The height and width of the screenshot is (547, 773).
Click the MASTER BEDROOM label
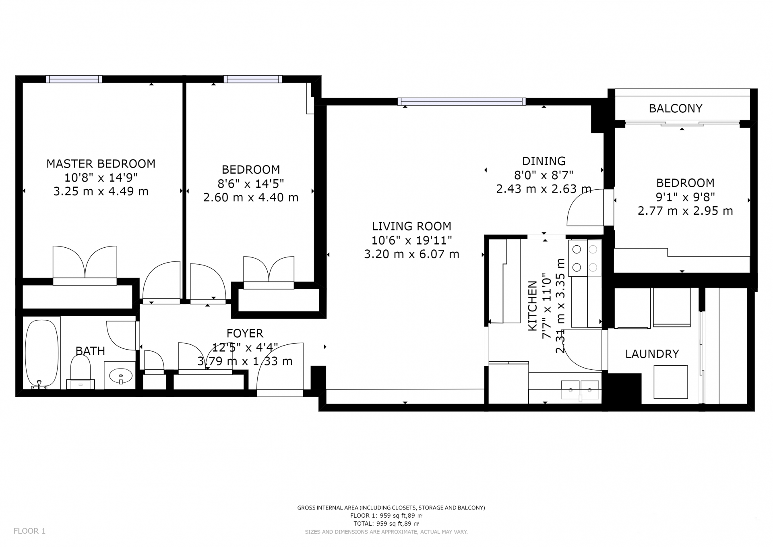101,164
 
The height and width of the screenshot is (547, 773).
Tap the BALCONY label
675,108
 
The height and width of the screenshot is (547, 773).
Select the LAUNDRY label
652,354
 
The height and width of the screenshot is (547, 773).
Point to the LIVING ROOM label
411,226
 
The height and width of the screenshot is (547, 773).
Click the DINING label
544,161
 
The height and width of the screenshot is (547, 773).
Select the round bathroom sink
120,376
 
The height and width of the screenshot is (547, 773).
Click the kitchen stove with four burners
585,258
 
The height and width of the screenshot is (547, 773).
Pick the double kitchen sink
580,390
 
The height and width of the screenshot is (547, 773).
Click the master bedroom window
74,79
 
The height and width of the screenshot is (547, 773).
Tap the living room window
461,102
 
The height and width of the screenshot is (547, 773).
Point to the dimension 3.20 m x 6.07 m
411,254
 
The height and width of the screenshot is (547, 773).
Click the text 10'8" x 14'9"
101,177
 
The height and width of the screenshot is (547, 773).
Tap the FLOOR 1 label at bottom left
29,531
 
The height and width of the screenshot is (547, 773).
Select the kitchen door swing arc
580,354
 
